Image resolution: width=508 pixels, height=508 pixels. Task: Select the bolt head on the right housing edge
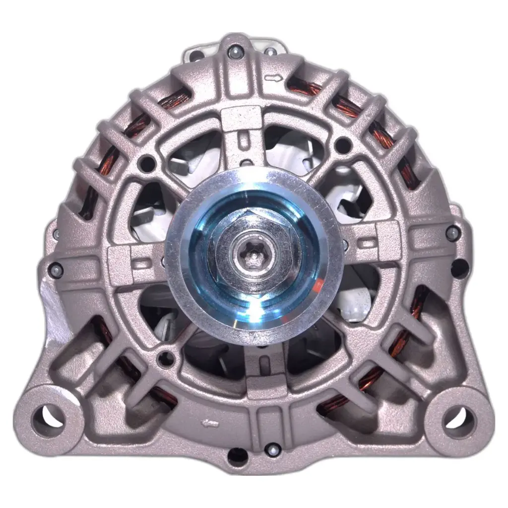click(x=452, y=232)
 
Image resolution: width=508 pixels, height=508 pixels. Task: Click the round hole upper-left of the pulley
click(x=147, y=161)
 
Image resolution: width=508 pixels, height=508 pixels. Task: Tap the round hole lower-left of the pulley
click(x=166, y=357)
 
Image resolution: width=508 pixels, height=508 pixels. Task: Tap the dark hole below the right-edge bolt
click(x=459, y=268)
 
